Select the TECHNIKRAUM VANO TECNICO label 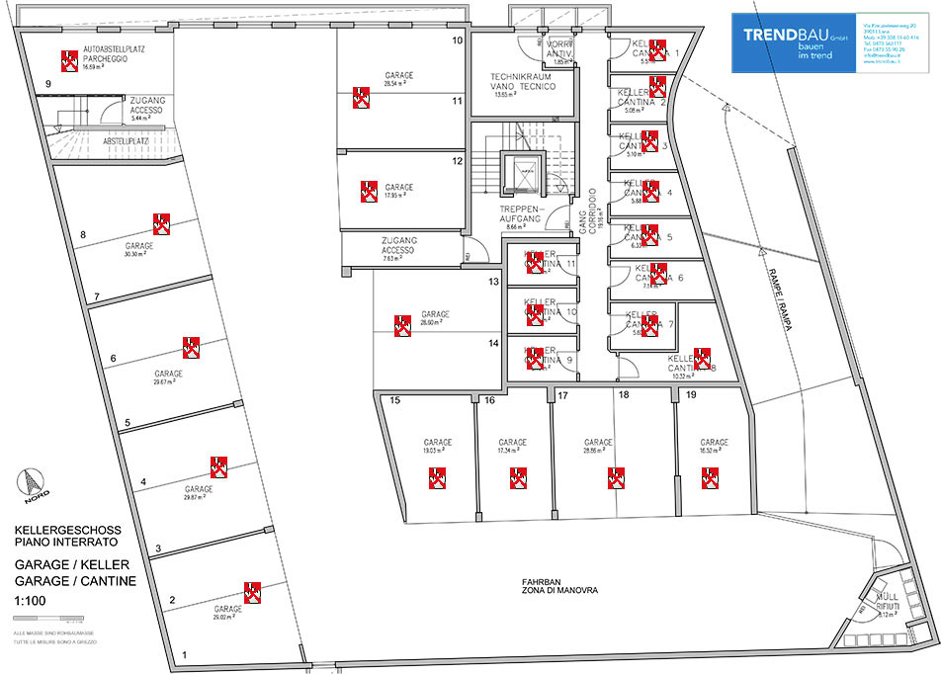click(x=522, y=81)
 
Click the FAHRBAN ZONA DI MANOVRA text click(x=549, y=585)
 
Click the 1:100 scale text click(x=31, y=601)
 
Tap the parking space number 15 click(x=393, y=401)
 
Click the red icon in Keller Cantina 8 click(x=703, y=358)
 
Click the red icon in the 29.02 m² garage click(x=252, y=592)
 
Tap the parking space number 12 click(x=458, y=160)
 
